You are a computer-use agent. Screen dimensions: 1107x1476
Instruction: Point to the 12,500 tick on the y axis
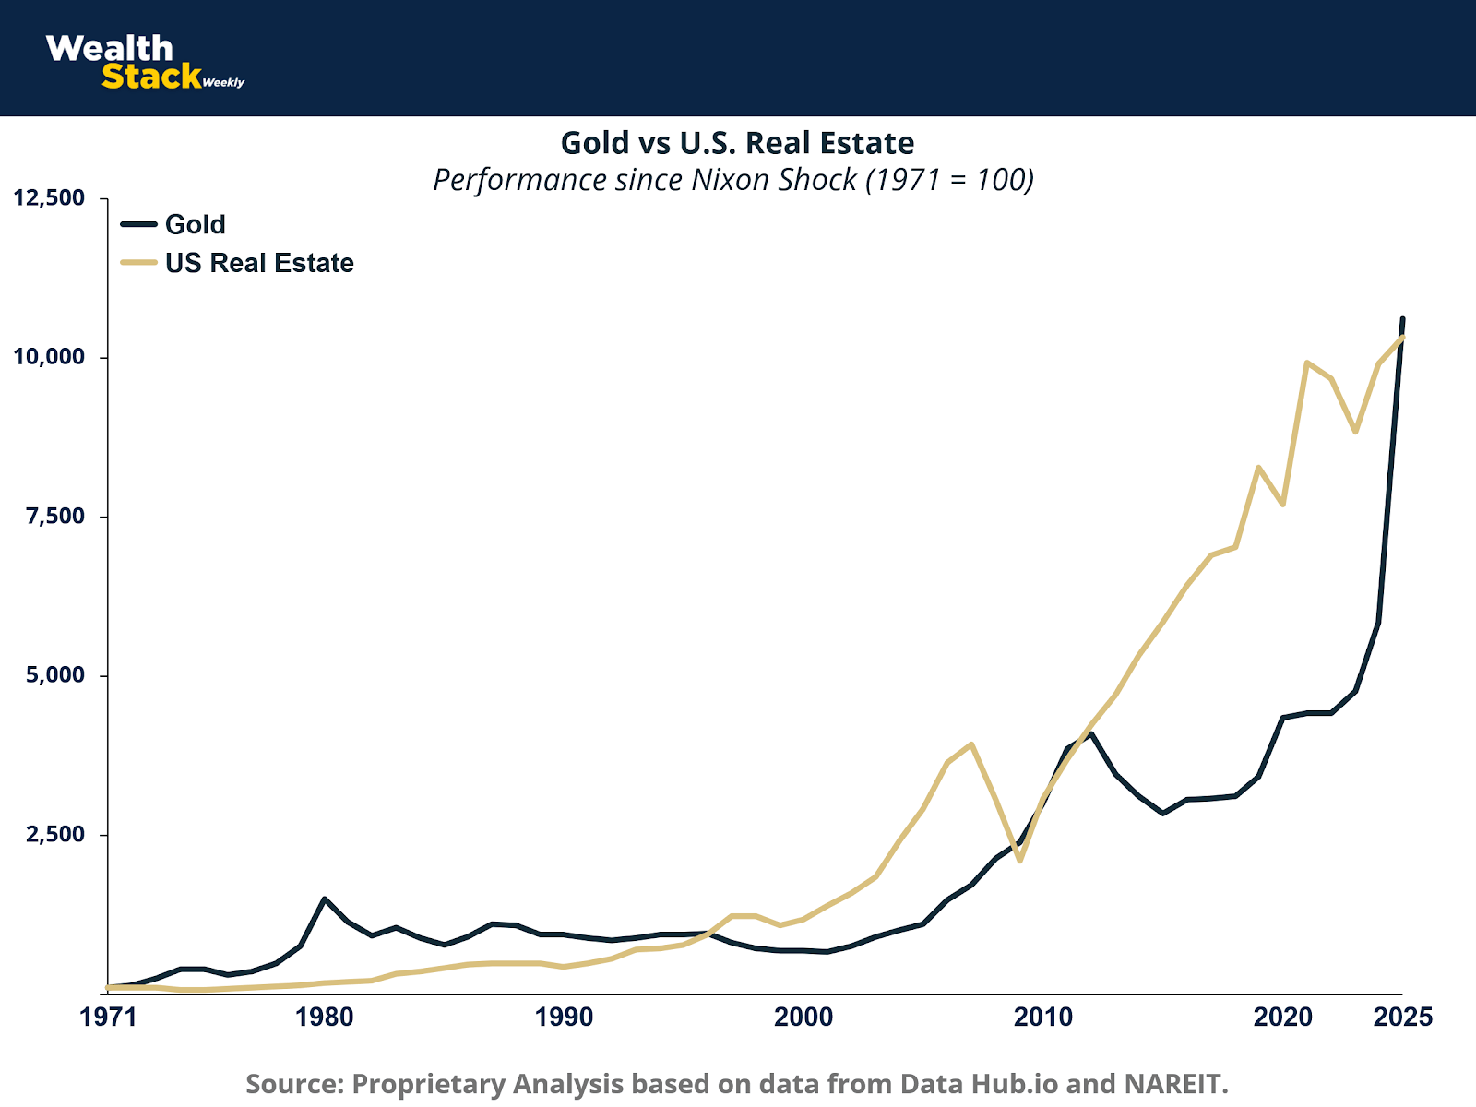coord(48,198)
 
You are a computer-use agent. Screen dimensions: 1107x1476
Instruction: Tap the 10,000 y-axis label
coord(48,357)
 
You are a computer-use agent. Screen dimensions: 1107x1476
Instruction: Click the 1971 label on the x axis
coord(108,1018)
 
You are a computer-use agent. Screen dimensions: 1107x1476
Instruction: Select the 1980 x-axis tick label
coord(324,1018)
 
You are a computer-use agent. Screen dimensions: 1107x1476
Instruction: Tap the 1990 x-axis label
coord(564,1018)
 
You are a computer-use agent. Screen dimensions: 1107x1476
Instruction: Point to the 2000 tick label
coord(803,1018)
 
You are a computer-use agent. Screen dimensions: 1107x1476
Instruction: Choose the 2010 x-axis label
coord(1043,1018)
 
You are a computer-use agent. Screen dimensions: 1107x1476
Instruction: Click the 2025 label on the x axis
coord(1402,1018)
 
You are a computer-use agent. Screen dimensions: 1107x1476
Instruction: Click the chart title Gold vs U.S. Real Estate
coord(737,143)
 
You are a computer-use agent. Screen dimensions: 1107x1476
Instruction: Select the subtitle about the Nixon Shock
coord(733,179)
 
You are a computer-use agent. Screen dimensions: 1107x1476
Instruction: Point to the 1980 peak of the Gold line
coord(324,899)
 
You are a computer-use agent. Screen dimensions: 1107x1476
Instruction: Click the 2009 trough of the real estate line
coord(1019,860)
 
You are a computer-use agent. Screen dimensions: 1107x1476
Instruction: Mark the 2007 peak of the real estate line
coord(971,744)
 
